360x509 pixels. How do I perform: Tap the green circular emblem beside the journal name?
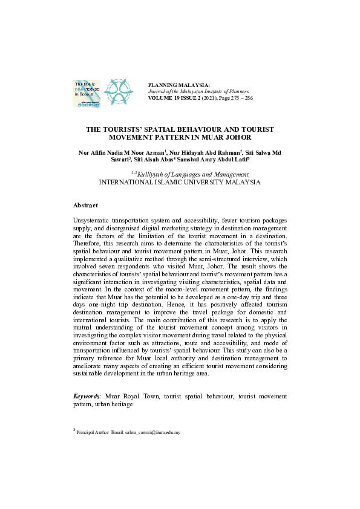tap(117, 91)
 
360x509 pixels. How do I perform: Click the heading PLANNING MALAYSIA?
tap(178, 85)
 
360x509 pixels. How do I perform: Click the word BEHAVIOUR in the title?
tap(208, 129)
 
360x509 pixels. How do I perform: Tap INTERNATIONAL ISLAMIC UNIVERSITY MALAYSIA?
tap(180, 181)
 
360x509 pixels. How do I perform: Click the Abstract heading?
tap(85, 206)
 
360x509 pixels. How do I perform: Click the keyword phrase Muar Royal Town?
tap(123, 396)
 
